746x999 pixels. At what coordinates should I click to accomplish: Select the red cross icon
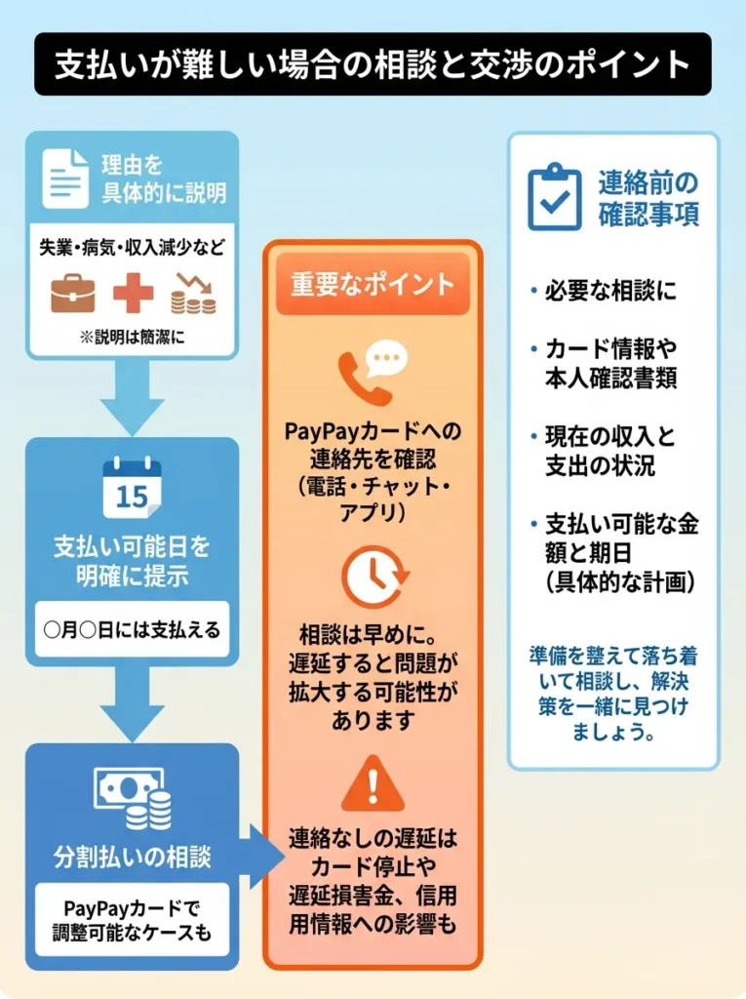133,291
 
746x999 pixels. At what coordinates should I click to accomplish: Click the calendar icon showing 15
132,488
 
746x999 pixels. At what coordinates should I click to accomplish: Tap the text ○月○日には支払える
133,629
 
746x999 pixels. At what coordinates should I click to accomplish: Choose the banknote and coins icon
133,799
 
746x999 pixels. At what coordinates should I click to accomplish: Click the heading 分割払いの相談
133,858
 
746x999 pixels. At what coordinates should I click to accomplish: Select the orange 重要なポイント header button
373,284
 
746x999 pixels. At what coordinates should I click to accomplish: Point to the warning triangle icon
373,783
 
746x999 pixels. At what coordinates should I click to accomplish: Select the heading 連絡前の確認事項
648,199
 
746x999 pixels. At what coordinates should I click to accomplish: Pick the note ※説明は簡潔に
132,338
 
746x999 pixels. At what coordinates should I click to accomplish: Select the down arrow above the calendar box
133,398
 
